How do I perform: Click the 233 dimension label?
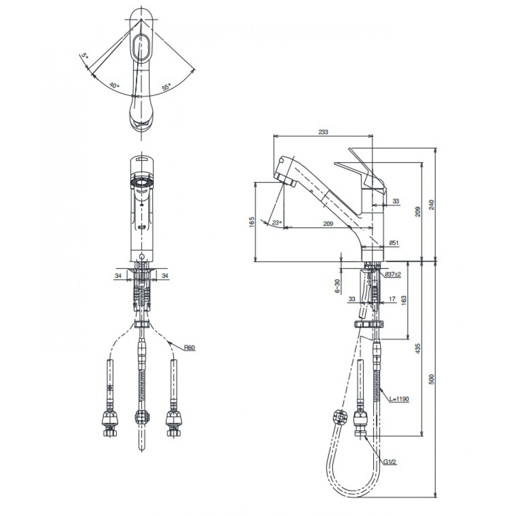(x=323, y=132)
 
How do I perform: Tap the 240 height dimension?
(x=432, y=205)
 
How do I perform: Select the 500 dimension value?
(x=432, y=379)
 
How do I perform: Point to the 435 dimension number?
(x=418, y=348)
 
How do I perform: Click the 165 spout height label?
(x=252, y=222)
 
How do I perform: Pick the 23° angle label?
(x=277, y=223)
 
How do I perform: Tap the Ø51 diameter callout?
(x=393, y=243)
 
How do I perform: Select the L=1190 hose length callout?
(x=399, y=399)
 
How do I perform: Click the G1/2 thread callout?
(x=390, y=462)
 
